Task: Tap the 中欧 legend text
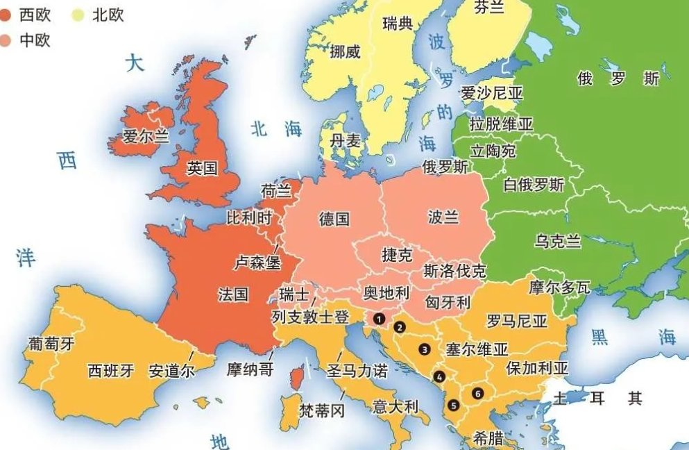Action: [35, 40]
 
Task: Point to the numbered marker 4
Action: [439, 377]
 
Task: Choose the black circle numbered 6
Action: [477, 394]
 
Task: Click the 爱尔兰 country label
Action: [146, 135]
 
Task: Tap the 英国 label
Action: [203, 168]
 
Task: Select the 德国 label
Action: [334, 219]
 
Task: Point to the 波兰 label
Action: [443, 217]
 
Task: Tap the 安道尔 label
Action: [171, 370]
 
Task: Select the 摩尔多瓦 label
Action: [559, 286]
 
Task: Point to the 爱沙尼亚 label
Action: [491, 93]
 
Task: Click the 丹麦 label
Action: [346, 141]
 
